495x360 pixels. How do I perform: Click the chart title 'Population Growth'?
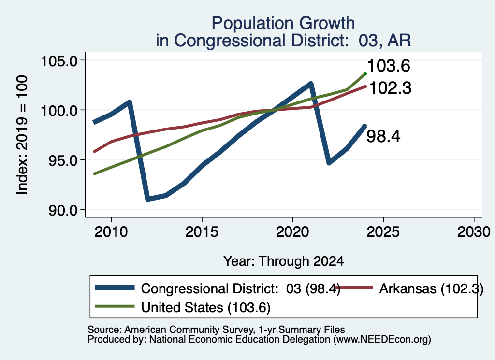click(x=283, y=23)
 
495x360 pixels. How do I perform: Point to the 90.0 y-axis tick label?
click(x=63, y=211)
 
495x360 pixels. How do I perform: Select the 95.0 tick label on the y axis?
click(x=63, y=160)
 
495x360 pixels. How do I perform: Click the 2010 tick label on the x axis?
click(x=111, y=232)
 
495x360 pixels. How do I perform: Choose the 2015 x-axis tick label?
click(x=202, y=232)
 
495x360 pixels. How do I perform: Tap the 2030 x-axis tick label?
click(x=474, y=232)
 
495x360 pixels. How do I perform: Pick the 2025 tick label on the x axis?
click(x=383, y=232)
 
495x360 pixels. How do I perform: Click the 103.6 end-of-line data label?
click(x=389, y=66)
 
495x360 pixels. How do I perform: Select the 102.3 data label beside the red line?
click(x=390, y=88)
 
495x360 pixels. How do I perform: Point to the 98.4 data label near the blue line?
click(x=383, y=137)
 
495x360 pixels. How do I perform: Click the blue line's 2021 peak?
click(x=311, y=84)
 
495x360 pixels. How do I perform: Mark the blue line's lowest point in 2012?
click(x=148, y=199)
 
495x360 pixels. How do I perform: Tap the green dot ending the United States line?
click(x=365, y=74)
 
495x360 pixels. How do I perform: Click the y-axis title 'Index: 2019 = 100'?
click(x=22, y=135)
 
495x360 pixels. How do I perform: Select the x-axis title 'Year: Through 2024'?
click(x=283, y=261)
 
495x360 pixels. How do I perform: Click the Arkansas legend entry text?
click(x=431, y=288)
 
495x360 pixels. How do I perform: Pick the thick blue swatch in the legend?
click(x=115, y=288)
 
